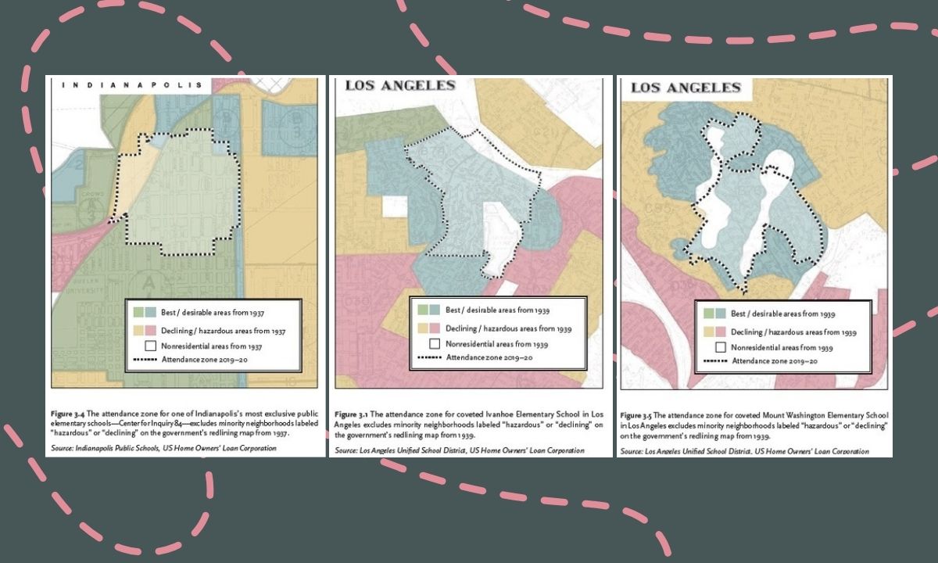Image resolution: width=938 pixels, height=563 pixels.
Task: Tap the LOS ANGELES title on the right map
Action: click(686, 88)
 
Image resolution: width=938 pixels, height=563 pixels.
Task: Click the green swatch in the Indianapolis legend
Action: click(139, 311)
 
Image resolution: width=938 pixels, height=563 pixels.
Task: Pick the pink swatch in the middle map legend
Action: click(435, 328)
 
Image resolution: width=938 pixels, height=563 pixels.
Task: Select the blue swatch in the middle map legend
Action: click(435, 310)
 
